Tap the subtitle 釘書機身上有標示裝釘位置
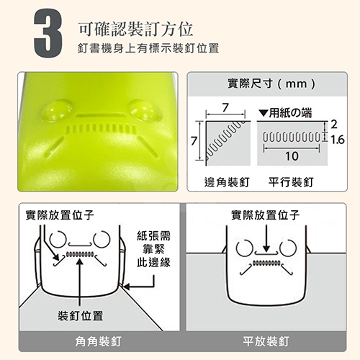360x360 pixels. pyautogui.click(x=147, y=48)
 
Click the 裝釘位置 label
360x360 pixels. pyautogui.click(x=80, y=315)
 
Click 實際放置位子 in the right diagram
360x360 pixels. pyautogui.click(x=266, y=215)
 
